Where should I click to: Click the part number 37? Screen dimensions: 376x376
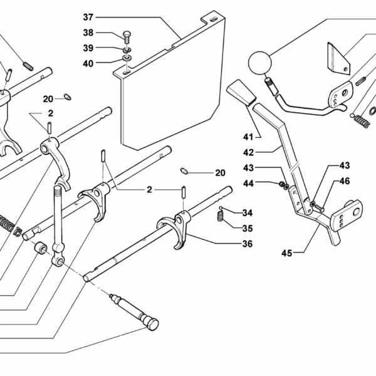point(88,16)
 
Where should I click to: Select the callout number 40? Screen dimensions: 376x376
point(88,63)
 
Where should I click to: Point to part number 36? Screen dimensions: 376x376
point(247,244)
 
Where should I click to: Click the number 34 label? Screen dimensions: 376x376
point(247,212)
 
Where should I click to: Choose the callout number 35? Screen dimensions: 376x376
point(247,228)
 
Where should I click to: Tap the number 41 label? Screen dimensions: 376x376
point(248,137)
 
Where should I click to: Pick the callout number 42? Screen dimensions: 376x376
point(248,151)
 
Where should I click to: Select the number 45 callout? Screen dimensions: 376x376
point(287,253)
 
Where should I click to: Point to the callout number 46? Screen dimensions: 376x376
point(345,182)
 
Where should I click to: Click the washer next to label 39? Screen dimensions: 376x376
point(126,50)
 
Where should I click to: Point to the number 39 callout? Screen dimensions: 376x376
point(88,48)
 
